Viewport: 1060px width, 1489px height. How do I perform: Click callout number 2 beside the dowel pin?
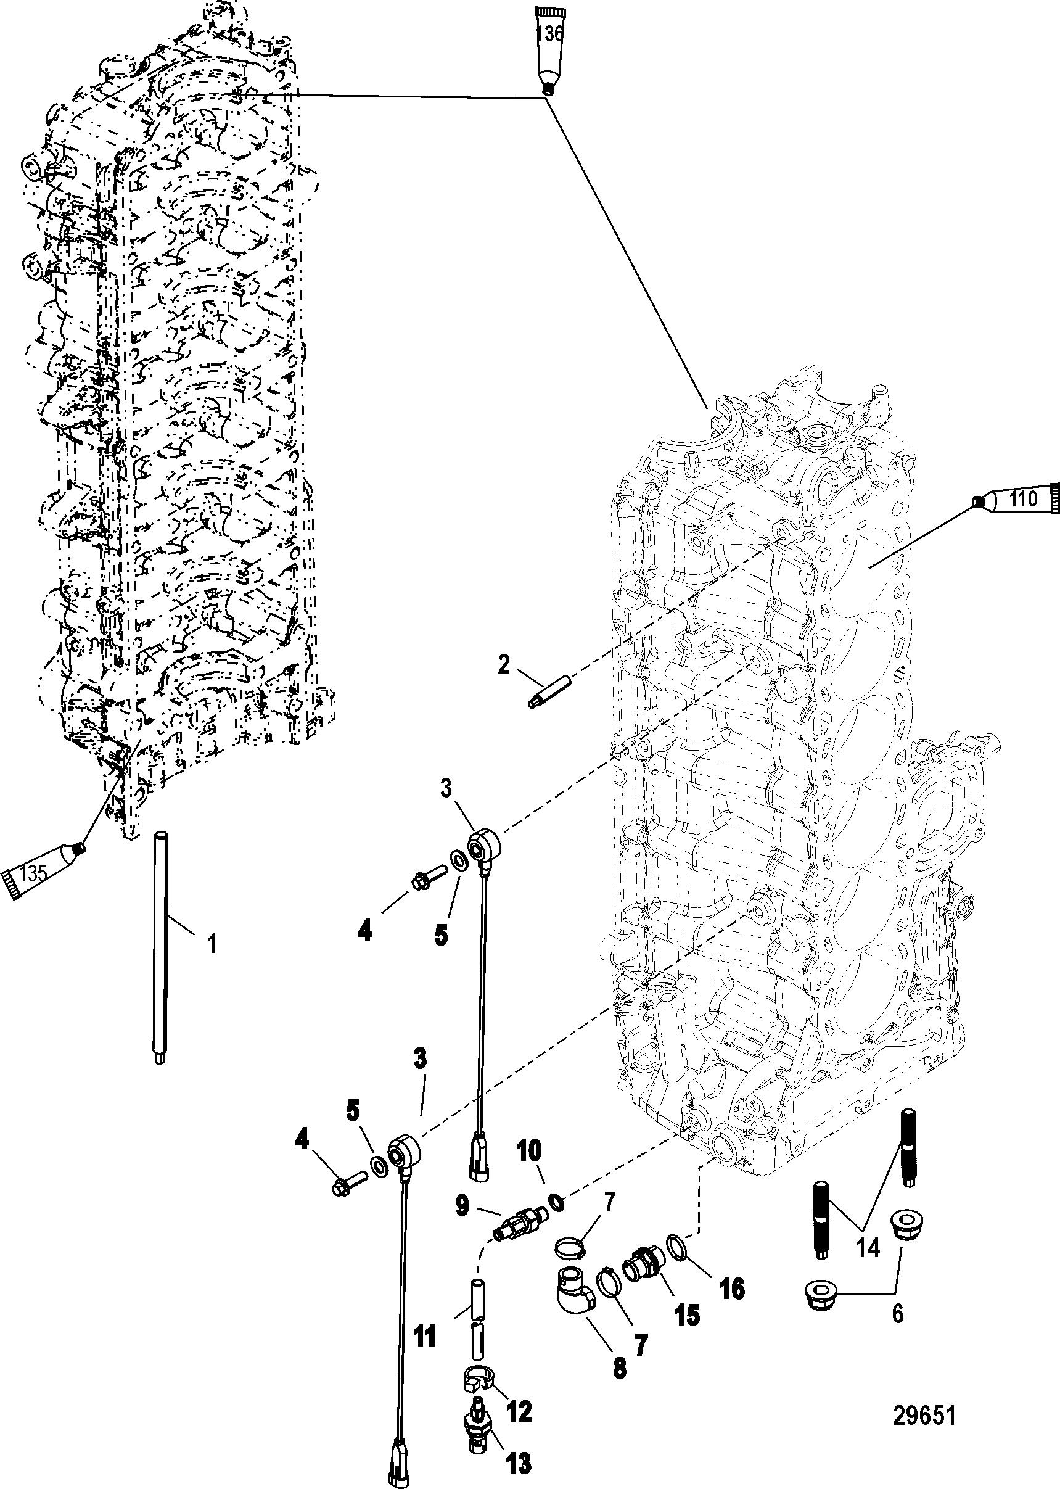pyautogui.click(x=503, y=664)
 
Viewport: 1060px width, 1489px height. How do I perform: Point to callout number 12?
pyautogui.click(x=519, y=1389)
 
